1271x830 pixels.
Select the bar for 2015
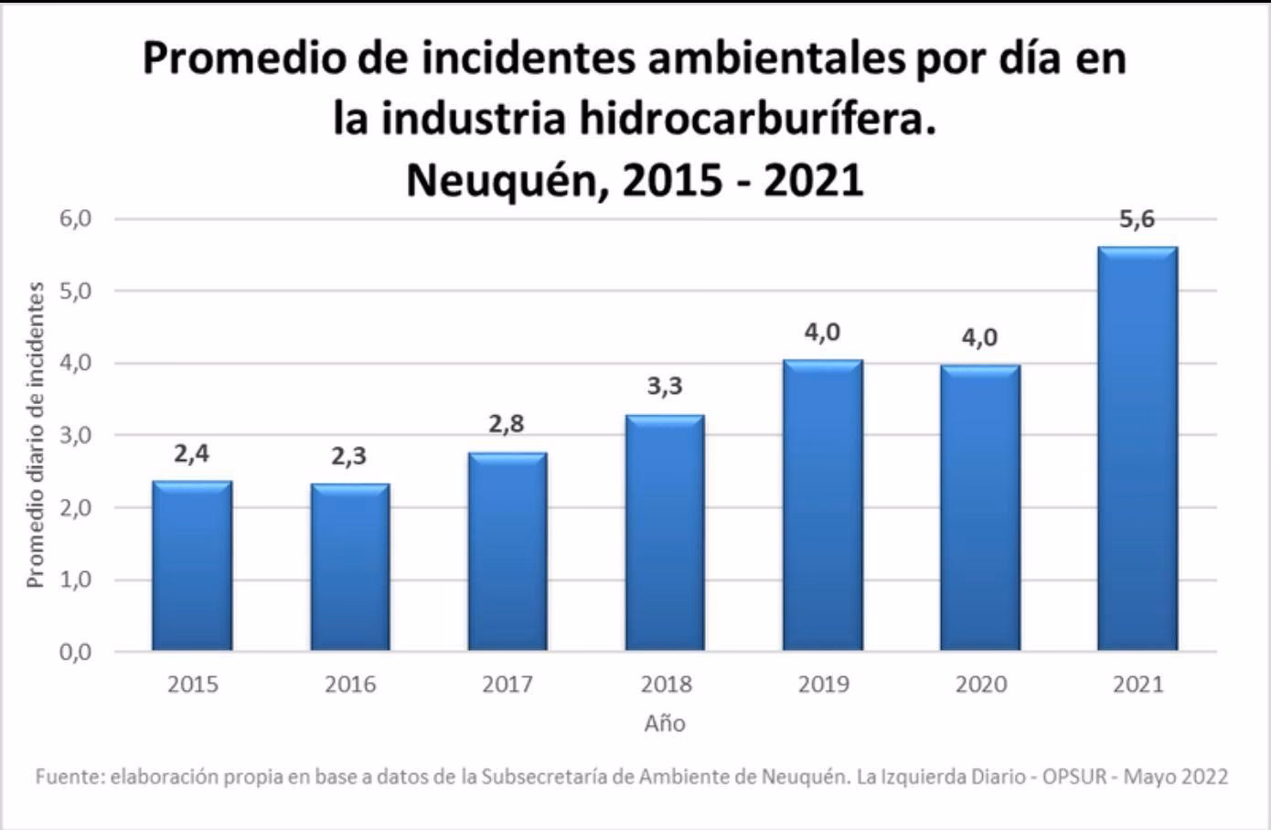pos(192,567)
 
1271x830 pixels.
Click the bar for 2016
pos(349,569)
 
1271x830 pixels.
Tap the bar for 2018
pos(665,534)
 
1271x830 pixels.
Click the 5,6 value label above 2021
pos(1137,219)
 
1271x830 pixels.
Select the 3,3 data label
pos(665,386)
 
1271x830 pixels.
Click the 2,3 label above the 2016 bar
pos(348,455)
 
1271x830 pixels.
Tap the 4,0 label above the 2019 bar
pos(822,332)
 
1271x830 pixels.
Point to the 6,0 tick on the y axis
pos(77,219)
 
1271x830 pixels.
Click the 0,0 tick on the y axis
pos(77,653)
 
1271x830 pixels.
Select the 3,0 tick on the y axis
pos(77,436)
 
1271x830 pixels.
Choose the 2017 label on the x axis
pos(507,685)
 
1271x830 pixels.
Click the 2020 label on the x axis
pos(980,685)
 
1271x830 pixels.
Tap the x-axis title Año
pos(665,724)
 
